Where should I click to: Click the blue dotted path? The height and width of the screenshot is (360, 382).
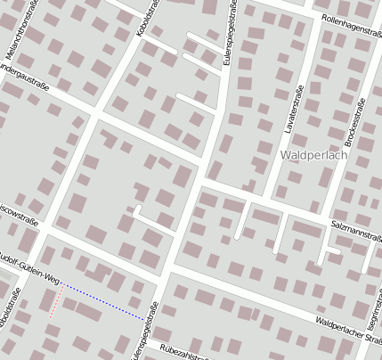(102, 300)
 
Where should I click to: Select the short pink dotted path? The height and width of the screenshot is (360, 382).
(55, 303)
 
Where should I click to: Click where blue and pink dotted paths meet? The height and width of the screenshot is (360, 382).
(62, 285)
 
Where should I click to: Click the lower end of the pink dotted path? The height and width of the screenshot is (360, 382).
(50, 317)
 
